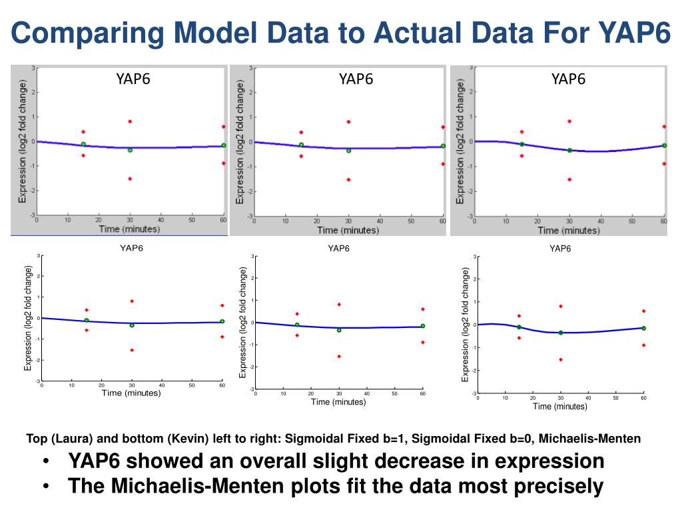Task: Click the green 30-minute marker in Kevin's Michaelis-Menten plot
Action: point(561,333)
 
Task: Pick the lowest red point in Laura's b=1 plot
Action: point(130,179)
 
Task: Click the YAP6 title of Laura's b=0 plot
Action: point(356,79)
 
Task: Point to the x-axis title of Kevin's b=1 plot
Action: point(131,393)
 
